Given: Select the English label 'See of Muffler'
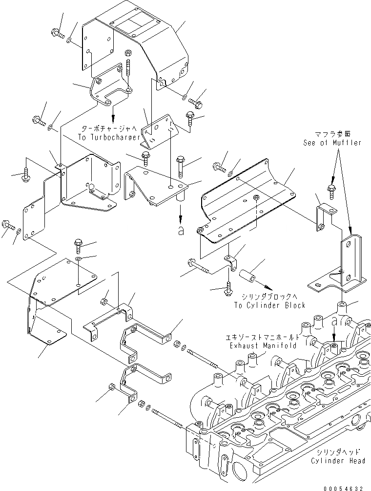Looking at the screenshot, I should click(331, 143).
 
